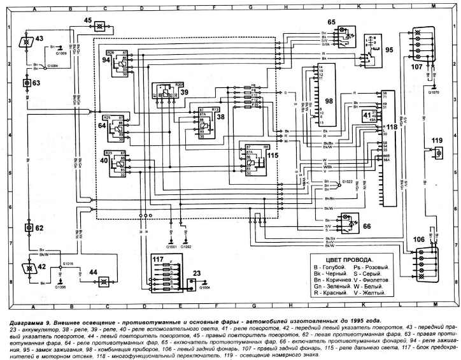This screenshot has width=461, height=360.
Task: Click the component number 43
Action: (x=39, y=39)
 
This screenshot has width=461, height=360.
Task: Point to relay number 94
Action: (x=106, y=59)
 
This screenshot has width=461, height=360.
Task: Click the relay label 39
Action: (x=184, y=92)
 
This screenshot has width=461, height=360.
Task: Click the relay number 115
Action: (x=273, y=155)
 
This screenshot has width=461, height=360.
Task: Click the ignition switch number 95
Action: (x=389, y=48)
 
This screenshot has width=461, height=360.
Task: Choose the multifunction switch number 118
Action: (x=391, y=127)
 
